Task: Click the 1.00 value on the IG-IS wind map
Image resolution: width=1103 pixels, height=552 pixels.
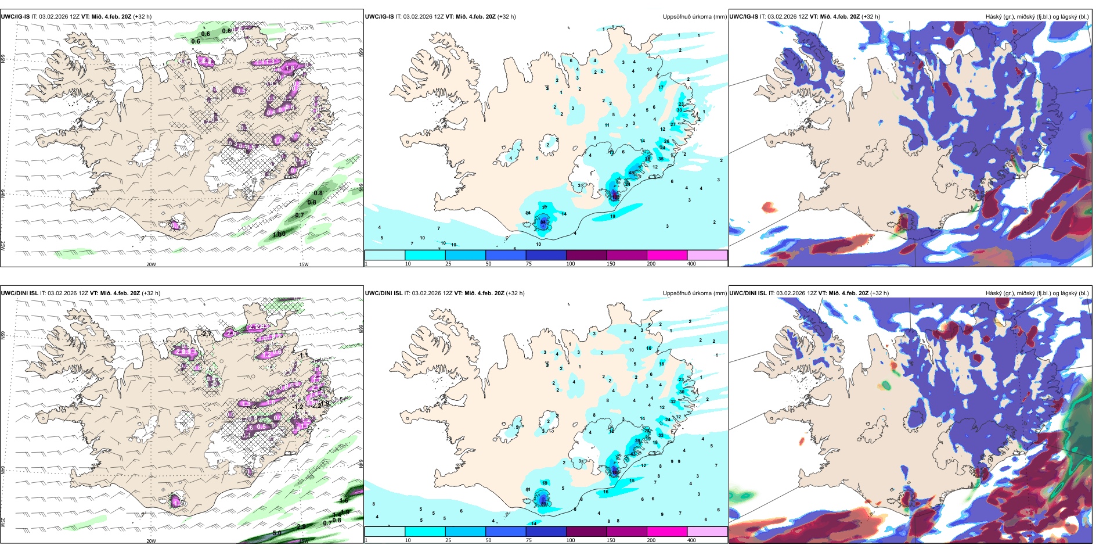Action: (x=279, y=234)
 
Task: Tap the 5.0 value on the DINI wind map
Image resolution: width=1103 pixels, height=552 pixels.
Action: (x=277, y=533)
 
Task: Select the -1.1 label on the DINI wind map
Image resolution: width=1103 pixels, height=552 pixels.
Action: (x=303, y=354)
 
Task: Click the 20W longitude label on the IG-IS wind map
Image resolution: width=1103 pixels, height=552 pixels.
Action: (x=151, y=264)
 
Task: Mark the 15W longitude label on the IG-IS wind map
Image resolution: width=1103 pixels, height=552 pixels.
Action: (x=303, y=264)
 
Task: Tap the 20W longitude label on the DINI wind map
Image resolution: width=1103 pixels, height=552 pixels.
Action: (x=151, y=541)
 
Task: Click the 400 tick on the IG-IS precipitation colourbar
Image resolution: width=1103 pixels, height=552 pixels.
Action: (x=691, y=264)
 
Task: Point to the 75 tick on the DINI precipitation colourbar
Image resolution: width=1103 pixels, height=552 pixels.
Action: (x=528, y=540)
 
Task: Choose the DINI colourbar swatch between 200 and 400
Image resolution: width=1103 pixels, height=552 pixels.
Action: (x=707, y=532)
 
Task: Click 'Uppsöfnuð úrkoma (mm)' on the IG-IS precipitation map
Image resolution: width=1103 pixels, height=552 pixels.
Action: (x=694, y=17)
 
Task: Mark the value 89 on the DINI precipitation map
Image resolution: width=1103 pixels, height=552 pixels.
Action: (x=544, y=504)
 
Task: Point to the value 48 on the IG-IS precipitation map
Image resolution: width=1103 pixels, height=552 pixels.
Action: (x=632, y=173)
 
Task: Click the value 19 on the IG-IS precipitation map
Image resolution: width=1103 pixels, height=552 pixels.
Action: (x=613, y=217)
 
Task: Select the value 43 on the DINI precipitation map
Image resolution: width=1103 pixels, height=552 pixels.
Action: (x=615, y=473)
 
